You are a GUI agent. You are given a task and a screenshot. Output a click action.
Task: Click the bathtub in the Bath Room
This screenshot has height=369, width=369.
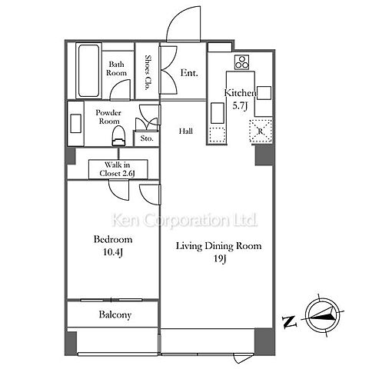[x=88, y=71]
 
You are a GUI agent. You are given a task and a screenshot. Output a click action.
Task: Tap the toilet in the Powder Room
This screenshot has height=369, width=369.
[x=118, y=137]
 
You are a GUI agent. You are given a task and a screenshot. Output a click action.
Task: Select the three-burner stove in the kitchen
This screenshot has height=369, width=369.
[x=241, y=62]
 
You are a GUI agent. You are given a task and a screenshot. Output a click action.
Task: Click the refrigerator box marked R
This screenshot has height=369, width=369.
[x=261, y=131]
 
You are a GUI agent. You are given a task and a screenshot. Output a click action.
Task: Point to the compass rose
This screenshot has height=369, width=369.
[x=323, y=316]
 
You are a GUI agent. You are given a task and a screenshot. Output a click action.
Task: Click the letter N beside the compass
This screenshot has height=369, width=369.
[x=289, y=321]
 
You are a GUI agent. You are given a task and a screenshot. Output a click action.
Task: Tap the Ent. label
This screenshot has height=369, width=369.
[x=189, y=73]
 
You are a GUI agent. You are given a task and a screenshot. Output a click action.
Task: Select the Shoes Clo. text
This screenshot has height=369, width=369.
[x=147, y=72]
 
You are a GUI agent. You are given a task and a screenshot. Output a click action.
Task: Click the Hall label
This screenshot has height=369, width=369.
[x=186, y=131]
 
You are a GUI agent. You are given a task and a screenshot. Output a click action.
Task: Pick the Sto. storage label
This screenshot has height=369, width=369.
[x=147, y=138]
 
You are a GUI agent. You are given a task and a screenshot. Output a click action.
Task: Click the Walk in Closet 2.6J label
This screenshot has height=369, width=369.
[x=118, y=169]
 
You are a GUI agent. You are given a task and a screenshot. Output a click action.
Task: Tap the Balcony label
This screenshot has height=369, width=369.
[x=115, y=314]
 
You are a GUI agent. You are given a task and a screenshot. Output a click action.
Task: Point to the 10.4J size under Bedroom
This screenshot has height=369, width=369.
[x=113, y=252]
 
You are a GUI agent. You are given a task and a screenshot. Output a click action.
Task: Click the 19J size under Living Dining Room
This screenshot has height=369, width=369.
[x=220, y=259]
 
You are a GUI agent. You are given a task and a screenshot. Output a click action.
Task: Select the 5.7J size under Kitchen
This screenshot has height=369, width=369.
[x=240, y=106]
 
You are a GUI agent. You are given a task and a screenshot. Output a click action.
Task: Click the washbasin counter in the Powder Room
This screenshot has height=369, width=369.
[x=75, y=124]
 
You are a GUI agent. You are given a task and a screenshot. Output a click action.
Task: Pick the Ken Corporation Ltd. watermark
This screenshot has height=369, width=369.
[x=184, y=220]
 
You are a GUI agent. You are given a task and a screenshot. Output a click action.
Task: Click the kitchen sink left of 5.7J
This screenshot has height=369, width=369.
[x=218, y=113]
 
